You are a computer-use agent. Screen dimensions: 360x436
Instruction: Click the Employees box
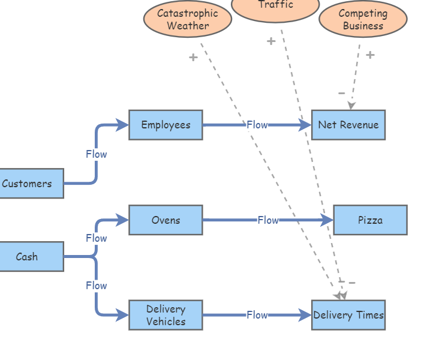(166, 125)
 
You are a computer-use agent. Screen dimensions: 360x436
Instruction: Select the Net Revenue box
(348, 125)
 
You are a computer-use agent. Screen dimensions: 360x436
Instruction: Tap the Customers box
(28, 184)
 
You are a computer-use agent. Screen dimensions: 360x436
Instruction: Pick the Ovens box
(166, 220)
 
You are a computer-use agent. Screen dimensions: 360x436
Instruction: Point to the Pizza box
(370, 220)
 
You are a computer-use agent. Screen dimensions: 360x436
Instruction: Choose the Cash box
(28, 257)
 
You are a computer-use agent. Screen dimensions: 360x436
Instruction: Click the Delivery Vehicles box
(166, 315)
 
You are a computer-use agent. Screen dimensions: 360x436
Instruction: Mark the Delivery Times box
(348, 315)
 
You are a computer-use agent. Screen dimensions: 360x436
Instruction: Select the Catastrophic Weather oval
(187, 19)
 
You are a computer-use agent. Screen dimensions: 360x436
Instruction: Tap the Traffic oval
(275, 6)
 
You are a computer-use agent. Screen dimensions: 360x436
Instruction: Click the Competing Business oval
(363, 19)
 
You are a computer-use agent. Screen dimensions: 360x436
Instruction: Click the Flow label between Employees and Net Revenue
(257, 125)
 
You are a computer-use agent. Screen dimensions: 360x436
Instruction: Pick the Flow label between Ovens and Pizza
(268, 220)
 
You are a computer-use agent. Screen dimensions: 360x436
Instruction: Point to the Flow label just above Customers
(96, 154)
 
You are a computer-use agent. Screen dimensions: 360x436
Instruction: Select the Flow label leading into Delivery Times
(257, 315)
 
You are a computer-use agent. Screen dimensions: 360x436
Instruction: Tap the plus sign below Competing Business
(370, 55)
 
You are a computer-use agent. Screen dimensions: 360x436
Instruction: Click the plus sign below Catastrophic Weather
(193, 58)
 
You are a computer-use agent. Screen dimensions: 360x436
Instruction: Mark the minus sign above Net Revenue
(341, 93)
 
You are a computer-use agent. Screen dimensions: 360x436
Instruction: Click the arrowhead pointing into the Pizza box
(327, 220)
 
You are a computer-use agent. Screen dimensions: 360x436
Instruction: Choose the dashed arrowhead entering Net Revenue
(351, 106)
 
